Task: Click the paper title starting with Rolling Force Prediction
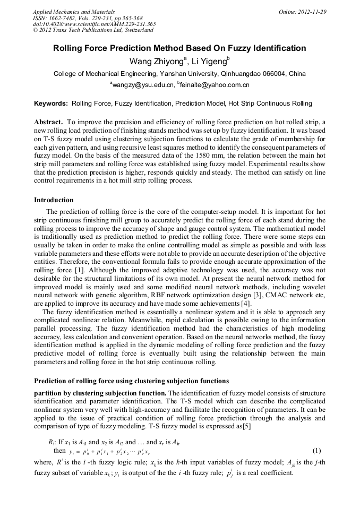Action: (179, 48)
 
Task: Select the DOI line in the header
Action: (94, 24)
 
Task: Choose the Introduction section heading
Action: (54, 200)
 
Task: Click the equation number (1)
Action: (317, 451)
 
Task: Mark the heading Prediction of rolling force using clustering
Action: (131, 381)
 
